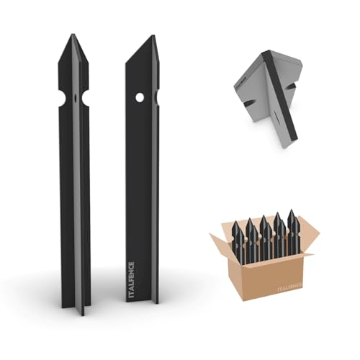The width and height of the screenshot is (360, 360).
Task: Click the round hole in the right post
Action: tap(140, 95)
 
